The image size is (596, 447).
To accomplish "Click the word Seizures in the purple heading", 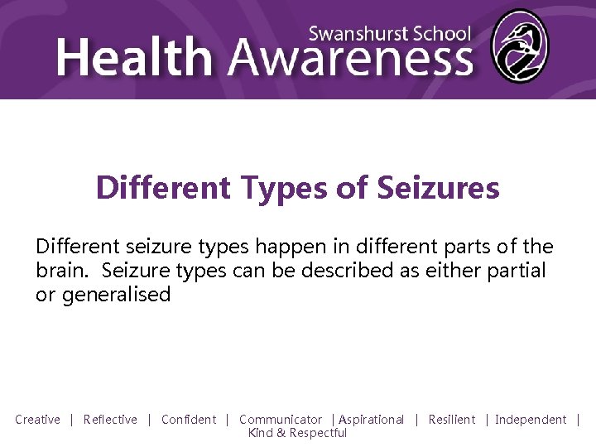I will tap(438, 188).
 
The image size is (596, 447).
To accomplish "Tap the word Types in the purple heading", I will tap(284, 188).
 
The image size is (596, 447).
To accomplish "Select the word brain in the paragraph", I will tap(60, 271).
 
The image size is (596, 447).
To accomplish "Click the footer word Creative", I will tap(37, 420).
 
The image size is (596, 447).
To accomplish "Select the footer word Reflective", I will tap(110, 420).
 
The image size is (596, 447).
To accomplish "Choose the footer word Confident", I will tap(189, 420).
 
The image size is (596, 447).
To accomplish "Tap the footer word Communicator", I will tap(281, 420).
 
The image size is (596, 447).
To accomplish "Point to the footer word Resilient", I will tap(452, 420).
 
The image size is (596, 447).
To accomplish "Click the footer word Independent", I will tap(531, 420).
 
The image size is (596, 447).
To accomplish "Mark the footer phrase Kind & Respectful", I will tap(297, 433).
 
